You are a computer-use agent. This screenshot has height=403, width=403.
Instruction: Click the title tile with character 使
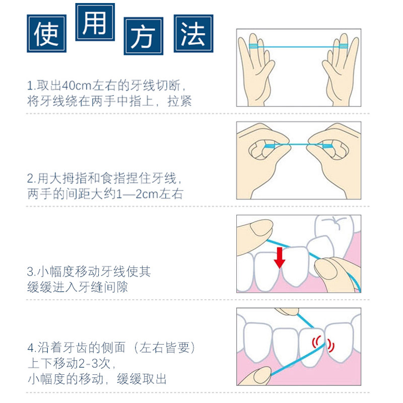[46, 33]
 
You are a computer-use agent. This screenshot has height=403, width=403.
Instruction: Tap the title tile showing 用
[95, 22]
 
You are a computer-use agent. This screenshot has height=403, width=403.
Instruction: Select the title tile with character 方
[144, 36]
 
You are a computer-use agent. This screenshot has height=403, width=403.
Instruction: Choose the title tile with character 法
[193, 33]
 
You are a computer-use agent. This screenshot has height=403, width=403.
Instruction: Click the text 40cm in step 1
[77, 86]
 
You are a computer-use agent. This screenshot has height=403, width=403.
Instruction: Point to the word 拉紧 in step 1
[179, 101]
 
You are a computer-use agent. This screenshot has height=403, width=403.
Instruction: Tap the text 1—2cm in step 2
[138, 194]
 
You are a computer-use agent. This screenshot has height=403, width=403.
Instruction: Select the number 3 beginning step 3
[30, 272]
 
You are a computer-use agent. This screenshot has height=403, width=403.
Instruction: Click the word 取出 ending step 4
[154, 379]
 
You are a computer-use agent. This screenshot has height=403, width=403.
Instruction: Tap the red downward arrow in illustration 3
[280, 258]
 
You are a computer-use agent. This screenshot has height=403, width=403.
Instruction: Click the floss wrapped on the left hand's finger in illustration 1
[253, 46]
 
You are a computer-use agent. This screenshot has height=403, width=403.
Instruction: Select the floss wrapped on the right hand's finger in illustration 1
[344, 46]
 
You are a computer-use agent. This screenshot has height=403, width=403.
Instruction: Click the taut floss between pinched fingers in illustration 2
[298, 145]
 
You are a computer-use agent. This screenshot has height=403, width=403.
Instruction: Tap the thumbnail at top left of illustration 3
[261, 228]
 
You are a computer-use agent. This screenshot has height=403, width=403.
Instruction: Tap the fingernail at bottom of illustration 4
[262, 375]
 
